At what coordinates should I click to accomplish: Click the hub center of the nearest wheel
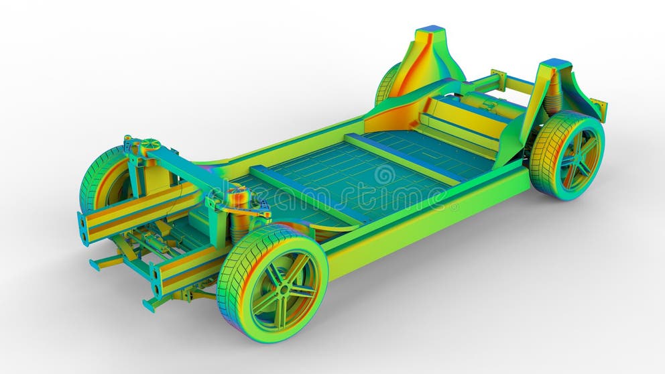pyautogui.click(x=284, y=289)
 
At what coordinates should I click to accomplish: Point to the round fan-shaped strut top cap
pyautogui.click(x=149, y=144)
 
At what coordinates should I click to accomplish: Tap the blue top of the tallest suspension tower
pyautogui.click(x=430, y=30)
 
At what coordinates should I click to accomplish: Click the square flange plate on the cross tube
pyautogui.click(x=498, y=80)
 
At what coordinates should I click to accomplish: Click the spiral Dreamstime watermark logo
pyautogui.click(x=384, y=176)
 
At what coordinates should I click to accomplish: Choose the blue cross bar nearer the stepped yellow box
pyautogui.click(x=402, y=158)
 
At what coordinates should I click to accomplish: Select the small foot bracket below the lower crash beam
pyautogui.click(x=151, y=304)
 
